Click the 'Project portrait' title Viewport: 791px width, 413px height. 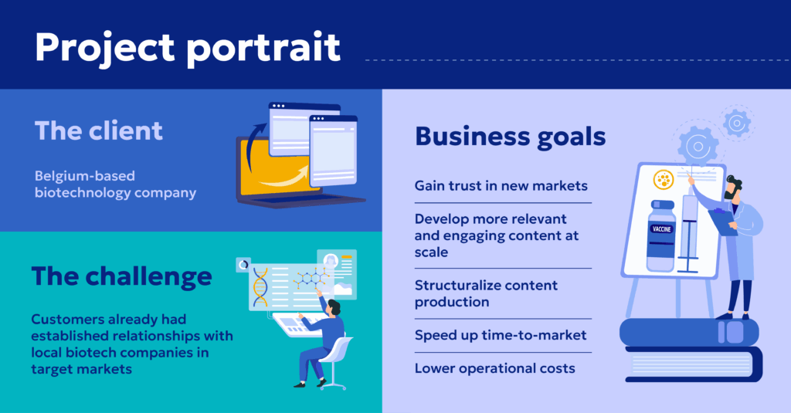pyautogui.click(x=188, y=48)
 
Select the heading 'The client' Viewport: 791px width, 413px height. pyautogui.click(x=99, y=130)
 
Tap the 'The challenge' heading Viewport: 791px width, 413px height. pyautogui.click(x=121, y=276)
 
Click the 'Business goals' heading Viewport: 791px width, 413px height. pyautogui.click(x=510, y=137)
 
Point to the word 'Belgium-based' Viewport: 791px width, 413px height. pyautogui.click(x=85, y=175)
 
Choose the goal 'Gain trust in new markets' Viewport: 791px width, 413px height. pyautogui.click(x=501, y=185)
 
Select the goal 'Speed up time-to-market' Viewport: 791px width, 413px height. pyautogui.click(x=501, y=335)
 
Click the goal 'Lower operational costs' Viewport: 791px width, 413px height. pyautogui.click(x=495, y=368)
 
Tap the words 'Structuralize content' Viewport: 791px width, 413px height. pyautogui.click(x=486, y=285)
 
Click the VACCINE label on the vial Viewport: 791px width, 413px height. pyautogui.click(x=661, y=229)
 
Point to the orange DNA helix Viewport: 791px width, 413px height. pyautogui.click(x=260, y=287)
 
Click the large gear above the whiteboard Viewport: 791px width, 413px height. pyautogui.click(x=698, y=146)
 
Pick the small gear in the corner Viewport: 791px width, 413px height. pyautogui.click(x=737, y=123)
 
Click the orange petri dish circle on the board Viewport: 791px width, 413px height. pyautogui.click(x=664, y=180)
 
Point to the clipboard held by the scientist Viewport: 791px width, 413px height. pyautogui.click(x=723, y=222)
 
